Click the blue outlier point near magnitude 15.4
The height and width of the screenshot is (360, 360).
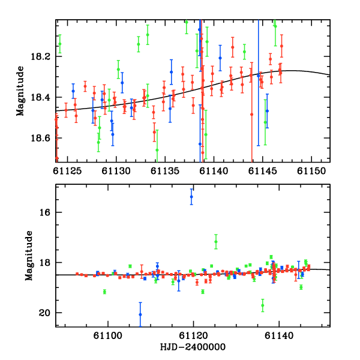click(191, 197)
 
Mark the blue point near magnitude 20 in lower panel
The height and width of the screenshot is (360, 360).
click(140, 314)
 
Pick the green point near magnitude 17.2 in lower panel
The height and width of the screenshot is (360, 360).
click(216, 242)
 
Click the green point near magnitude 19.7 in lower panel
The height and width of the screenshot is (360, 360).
click(263, 305)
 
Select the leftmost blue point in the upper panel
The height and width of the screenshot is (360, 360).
click(73, 91)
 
